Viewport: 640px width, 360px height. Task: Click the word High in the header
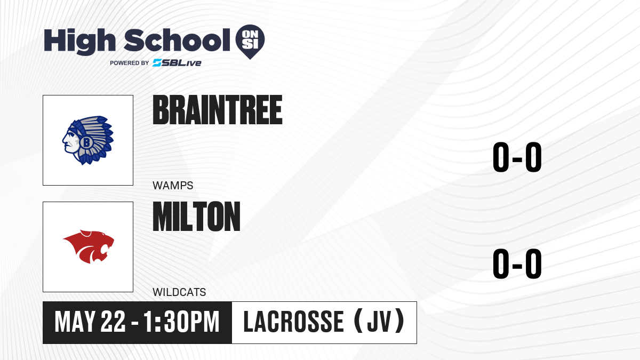tap(79, 41)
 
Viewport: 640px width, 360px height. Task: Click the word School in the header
tap(177, 39)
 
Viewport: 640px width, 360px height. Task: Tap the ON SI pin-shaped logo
tap(250, 42)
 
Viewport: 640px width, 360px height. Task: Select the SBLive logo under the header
tap(177, 63)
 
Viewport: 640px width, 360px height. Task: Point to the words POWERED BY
tap(130, 63)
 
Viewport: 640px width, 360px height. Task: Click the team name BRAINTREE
tap(218, 110)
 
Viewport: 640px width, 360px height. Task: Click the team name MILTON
tap(196, 217)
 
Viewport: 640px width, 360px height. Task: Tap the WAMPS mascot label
tap(173, 186)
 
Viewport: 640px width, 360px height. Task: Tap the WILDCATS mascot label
tap(179, 292)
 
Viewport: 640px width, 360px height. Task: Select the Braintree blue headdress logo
tap(88, 140)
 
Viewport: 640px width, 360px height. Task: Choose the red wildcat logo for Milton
tap(89, 246)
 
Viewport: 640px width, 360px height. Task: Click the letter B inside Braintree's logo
tap(86, 142)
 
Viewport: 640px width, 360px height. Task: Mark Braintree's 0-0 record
tap(517, 157)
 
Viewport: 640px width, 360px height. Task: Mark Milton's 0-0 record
tap(517, 263)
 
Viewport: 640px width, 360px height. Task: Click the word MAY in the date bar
tap(75, 322)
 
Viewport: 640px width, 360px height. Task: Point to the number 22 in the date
tap(113, 322)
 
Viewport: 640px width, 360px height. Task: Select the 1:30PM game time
tap(181, 322)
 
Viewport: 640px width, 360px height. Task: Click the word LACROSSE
tap(293, 322)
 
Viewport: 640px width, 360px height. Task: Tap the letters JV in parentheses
tap(379, 322)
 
